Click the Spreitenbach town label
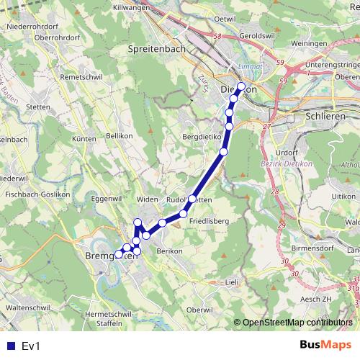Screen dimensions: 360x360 pyautogui.click(x=156, y=48)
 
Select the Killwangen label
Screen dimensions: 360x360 pyautogui.click(x=135, y=6)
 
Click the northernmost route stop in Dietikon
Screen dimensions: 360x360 pyautogui.click(x=241, y=87)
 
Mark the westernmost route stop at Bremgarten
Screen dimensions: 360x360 pyautogui.click(x=119, y=254)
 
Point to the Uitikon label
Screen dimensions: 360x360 pyautogui.click(x=340, y=196)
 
